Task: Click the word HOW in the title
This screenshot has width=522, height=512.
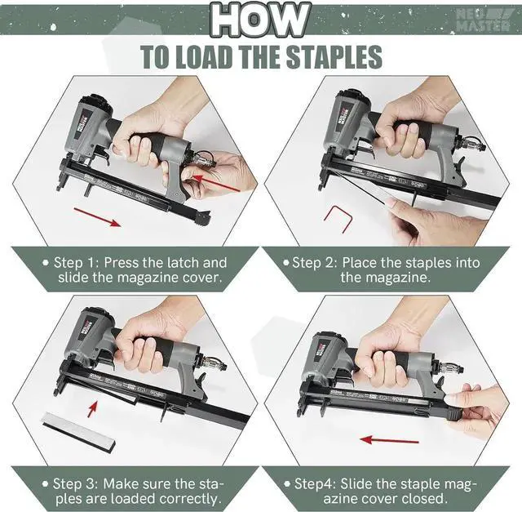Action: (259, 20)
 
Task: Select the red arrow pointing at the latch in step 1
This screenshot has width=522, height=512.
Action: (216, 183)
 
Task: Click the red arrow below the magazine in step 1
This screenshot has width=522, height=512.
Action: (97, 217)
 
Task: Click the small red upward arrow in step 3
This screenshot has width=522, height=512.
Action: (92, 409)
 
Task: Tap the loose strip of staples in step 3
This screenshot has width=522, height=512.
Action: (79, 430)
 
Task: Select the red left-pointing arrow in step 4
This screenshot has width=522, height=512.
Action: (390, 440)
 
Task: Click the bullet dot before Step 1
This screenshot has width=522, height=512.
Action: (46, 263)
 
